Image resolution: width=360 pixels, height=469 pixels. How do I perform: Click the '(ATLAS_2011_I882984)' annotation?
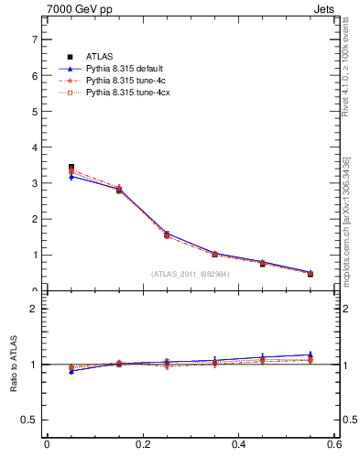[x=191, y=273]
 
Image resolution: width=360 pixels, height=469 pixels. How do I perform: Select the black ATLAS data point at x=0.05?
[x=71, y=168]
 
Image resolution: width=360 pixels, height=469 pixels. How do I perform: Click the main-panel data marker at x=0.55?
[x=311, y=273]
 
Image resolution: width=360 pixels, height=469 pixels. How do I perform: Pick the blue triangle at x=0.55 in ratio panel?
[x=311, y=354]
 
